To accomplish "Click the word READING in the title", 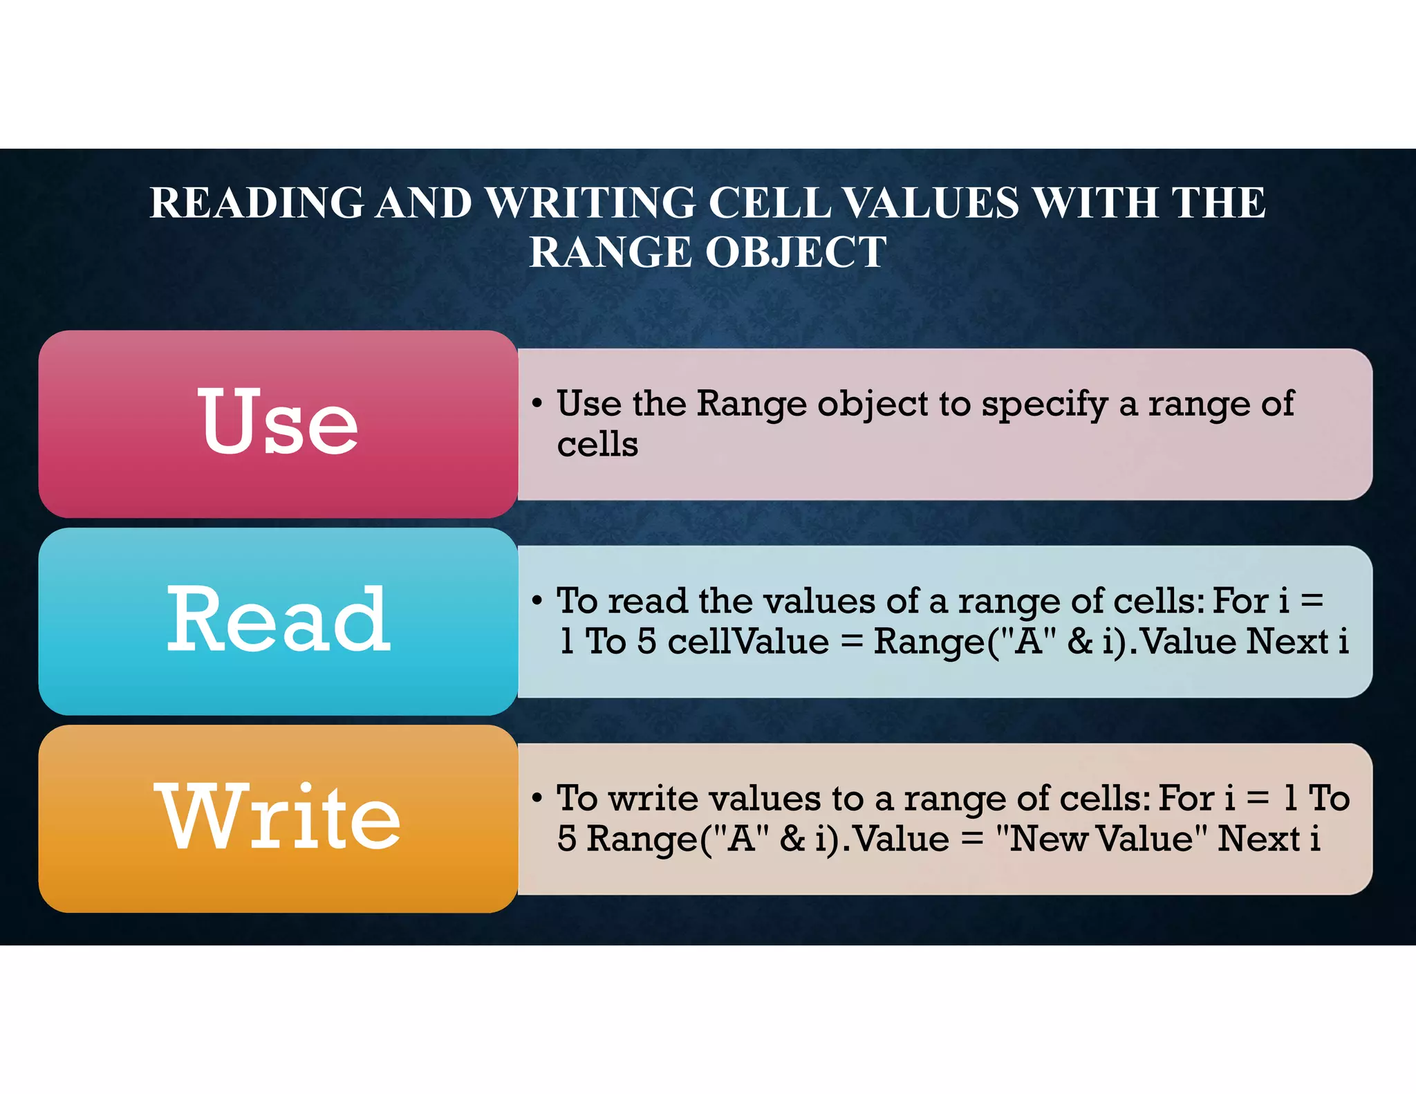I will click(257, 203).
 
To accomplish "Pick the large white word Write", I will click(278, 817).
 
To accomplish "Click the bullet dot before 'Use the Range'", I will click(537, 404).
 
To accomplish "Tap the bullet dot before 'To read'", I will click(537, 601).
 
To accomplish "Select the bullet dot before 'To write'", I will click(537, 799).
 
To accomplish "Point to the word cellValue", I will click(748, 642).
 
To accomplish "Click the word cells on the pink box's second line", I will click(597, 445).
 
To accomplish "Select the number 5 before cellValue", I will click(646, 642).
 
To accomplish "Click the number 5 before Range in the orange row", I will click(567, 840).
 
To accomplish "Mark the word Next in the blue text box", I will click(1287, 642).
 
